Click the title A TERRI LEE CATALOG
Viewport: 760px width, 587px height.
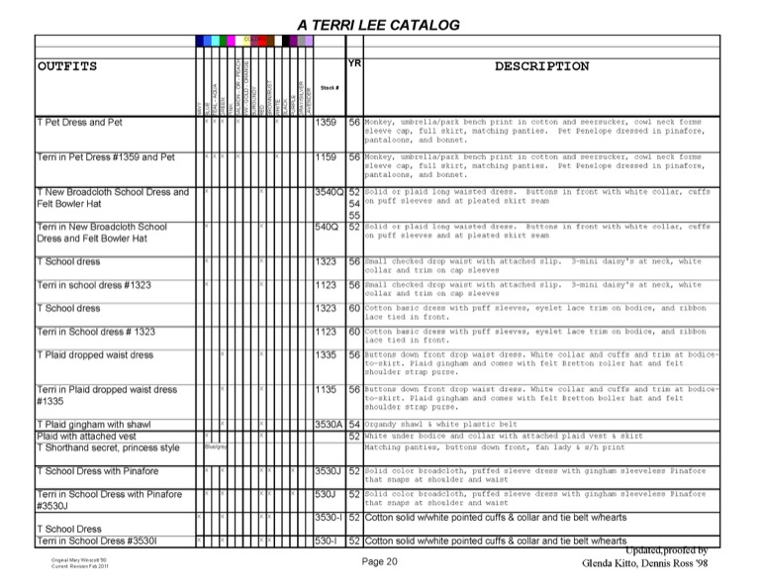pos(378,24)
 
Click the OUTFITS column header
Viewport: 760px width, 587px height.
pos(67,67)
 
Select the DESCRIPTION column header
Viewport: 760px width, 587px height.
pos(541,67)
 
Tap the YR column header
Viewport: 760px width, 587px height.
pos(354,63)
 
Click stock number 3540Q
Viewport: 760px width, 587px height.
pos(328,192)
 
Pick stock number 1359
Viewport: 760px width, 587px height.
pos(326,123)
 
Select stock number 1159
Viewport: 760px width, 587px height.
pos(326,157)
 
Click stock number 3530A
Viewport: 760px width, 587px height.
pos(328,425)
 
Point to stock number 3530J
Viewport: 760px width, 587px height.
pos(328,471)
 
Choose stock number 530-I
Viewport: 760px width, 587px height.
pos(327,541)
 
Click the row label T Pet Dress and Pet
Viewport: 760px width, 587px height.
pos(79,123)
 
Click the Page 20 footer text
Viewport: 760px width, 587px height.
pos(379,562)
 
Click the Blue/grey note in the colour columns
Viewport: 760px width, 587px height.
pos(217,447)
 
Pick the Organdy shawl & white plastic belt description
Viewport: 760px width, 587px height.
pos(456,425)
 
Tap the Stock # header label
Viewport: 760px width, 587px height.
pos(330,88)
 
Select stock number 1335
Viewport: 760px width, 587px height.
pos(326,354)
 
